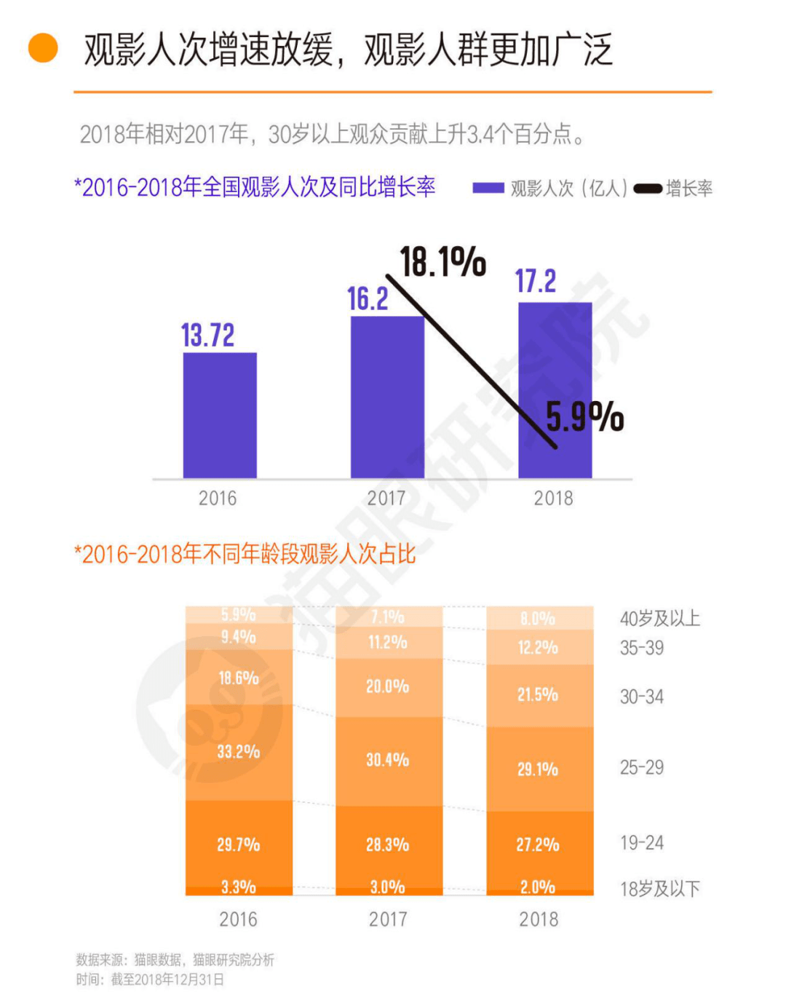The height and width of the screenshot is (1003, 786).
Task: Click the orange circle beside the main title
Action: [x=43, y=49]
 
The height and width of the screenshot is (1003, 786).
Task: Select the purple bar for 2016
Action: [x=220, y=415]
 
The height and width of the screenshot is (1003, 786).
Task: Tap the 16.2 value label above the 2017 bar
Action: [x=368, y=299]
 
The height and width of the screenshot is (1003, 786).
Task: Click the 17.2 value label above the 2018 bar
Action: [x=536, y=282]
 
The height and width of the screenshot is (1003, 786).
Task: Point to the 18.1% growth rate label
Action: [x=442, y=262]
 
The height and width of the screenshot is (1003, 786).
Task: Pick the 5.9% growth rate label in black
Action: [x=584, y=417]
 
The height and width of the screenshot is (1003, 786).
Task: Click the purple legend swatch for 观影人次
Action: [x=488, y=189]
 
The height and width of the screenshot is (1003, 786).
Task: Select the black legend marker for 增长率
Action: [x=648, y=189]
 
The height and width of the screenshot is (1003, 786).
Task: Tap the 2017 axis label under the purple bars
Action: [x=386, y=499]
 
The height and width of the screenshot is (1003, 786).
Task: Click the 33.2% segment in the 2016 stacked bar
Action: [x=239, y=752]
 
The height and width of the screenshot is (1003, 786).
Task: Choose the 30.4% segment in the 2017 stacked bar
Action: [x=388, y=761]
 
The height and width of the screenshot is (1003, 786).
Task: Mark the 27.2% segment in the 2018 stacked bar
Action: [x=539, y=845]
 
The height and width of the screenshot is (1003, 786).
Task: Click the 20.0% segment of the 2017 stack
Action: [x=388, y=686]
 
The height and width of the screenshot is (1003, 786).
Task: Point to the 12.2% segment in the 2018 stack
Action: [x=539, y=647]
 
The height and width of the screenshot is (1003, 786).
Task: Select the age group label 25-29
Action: [x=642, y=768]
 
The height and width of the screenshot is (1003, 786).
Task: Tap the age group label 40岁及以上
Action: [x=660, y=619]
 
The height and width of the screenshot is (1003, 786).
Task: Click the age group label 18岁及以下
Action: [x=660, y=889]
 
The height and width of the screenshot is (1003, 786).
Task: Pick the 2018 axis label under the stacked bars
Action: [x=539, y=919]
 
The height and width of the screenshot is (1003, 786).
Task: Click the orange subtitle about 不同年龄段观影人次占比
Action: [x=245, y=555]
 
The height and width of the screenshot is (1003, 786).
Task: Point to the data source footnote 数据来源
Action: [x=175, y=960]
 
